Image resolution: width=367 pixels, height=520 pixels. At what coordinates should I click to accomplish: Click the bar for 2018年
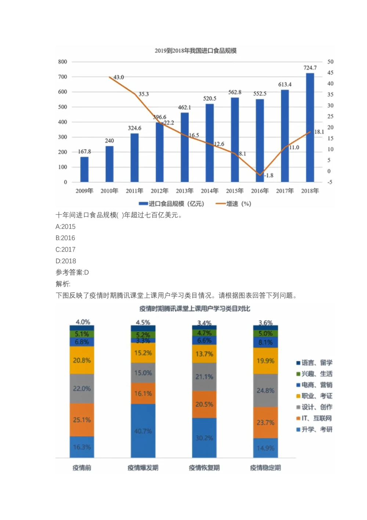click(310, 128)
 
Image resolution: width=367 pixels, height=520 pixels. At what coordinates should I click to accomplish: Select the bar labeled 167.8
click(84, 170)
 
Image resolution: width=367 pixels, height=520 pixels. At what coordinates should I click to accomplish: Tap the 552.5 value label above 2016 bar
click(260, 94)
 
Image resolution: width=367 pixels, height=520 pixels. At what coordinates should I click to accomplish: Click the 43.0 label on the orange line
click(119, 77)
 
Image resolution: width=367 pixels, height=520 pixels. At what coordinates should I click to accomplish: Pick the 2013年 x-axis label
click(185, 191)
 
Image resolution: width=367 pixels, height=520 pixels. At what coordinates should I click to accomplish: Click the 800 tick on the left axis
click(63, 62)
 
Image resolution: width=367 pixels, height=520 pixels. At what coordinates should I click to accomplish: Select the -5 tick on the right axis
click(330, 182)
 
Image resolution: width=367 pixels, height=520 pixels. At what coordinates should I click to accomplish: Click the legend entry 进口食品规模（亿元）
click(171, 204)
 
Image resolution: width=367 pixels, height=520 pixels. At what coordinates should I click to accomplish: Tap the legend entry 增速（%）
click(234, 204)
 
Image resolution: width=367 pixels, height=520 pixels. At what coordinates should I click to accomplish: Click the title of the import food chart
click(195, 51)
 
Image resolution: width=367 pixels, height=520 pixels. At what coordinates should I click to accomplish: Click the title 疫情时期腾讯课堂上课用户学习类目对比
click(195, 309)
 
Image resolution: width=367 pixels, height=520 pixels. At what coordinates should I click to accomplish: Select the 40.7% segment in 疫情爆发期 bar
click(143, 431)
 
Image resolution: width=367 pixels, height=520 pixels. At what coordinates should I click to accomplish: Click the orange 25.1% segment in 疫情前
click(82, 420)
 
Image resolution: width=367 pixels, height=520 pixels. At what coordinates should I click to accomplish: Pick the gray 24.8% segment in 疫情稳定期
click(265, 391)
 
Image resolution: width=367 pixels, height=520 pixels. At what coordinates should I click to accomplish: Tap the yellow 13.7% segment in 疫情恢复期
click(204, 354)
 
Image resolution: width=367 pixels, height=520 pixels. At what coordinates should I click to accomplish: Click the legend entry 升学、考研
click(314, 430)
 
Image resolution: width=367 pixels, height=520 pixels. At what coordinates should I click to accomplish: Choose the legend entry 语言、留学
click(314, 363)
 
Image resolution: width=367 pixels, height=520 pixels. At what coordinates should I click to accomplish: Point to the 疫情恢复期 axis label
click(204, 468)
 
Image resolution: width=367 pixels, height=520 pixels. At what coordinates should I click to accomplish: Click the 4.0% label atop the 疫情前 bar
click(83, 322)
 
